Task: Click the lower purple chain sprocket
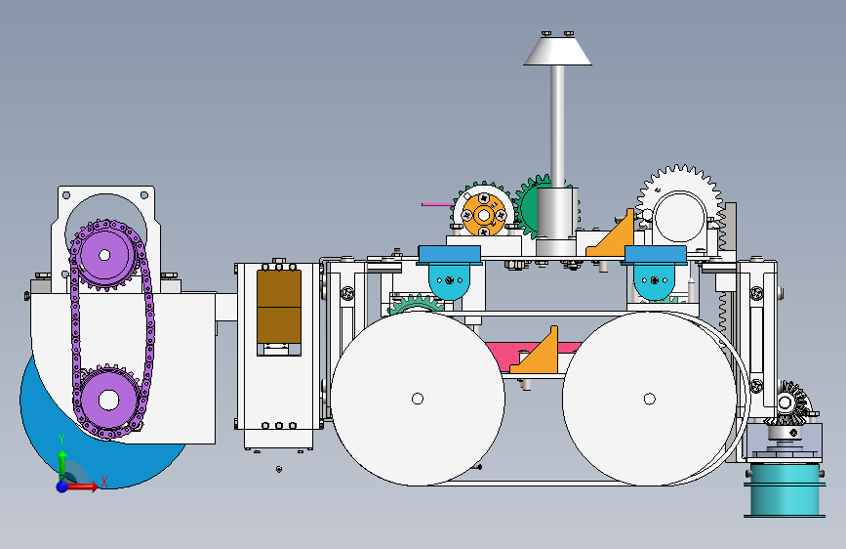pos(105,399)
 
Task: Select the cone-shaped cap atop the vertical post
pos(557,51)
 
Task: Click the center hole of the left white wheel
pos(418,398)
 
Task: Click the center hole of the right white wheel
pos(649,398)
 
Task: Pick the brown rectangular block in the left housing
pos(278,306)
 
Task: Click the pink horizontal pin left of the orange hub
pos(435,204)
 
